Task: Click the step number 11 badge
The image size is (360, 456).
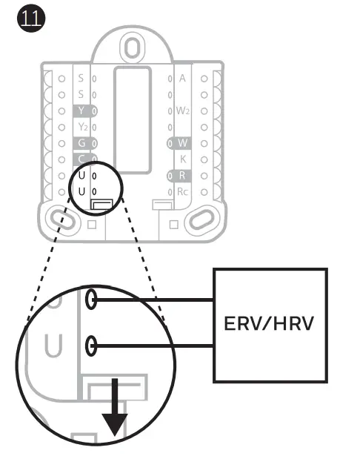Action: click(31, 18)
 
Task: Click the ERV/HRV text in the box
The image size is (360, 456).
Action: click(269, 323)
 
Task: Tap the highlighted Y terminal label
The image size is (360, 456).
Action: click(81, 110)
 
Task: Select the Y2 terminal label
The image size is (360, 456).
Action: click(83, 127)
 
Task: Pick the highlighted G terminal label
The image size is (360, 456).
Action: click(81, 143)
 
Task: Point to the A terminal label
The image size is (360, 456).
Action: click(182, 78)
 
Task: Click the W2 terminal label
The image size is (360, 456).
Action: click(183, 110)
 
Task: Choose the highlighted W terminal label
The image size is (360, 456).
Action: click(182, 143)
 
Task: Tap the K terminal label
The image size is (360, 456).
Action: click(183, 159)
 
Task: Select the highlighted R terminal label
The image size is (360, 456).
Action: click(182, 176)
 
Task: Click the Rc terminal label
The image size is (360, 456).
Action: click(182, 192)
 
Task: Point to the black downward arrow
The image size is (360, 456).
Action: click(115, 407)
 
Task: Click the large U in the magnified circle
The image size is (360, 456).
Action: click(53, 346)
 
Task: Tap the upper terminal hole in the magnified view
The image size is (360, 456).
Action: click(91, 299)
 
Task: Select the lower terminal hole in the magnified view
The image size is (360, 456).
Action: click(91, 346)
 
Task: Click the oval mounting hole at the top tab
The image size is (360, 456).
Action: click(132, 47)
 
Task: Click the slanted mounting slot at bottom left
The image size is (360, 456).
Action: click(63, 220)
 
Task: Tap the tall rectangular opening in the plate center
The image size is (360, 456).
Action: click(133, 120)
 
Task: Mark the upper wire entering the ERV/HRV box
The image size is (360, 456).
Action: click(153, 300)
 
